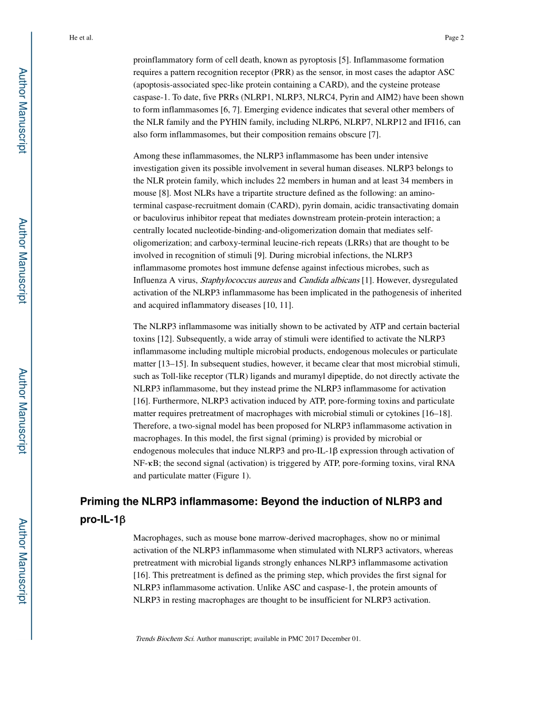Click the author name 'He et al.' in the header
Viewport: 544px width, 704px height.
point(81,38)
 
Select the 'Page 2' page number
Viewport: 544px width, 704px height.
point(454,38)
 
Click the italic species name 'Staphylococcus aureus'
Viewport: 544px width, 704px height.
point(241,280)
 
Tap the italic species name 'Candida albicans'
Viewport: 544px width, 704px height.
point(329,280)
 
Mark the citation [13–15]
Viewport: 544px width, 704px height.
point(172,363)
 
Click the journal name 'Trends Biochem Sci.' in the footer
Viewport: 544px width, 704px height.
point(165,639)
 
